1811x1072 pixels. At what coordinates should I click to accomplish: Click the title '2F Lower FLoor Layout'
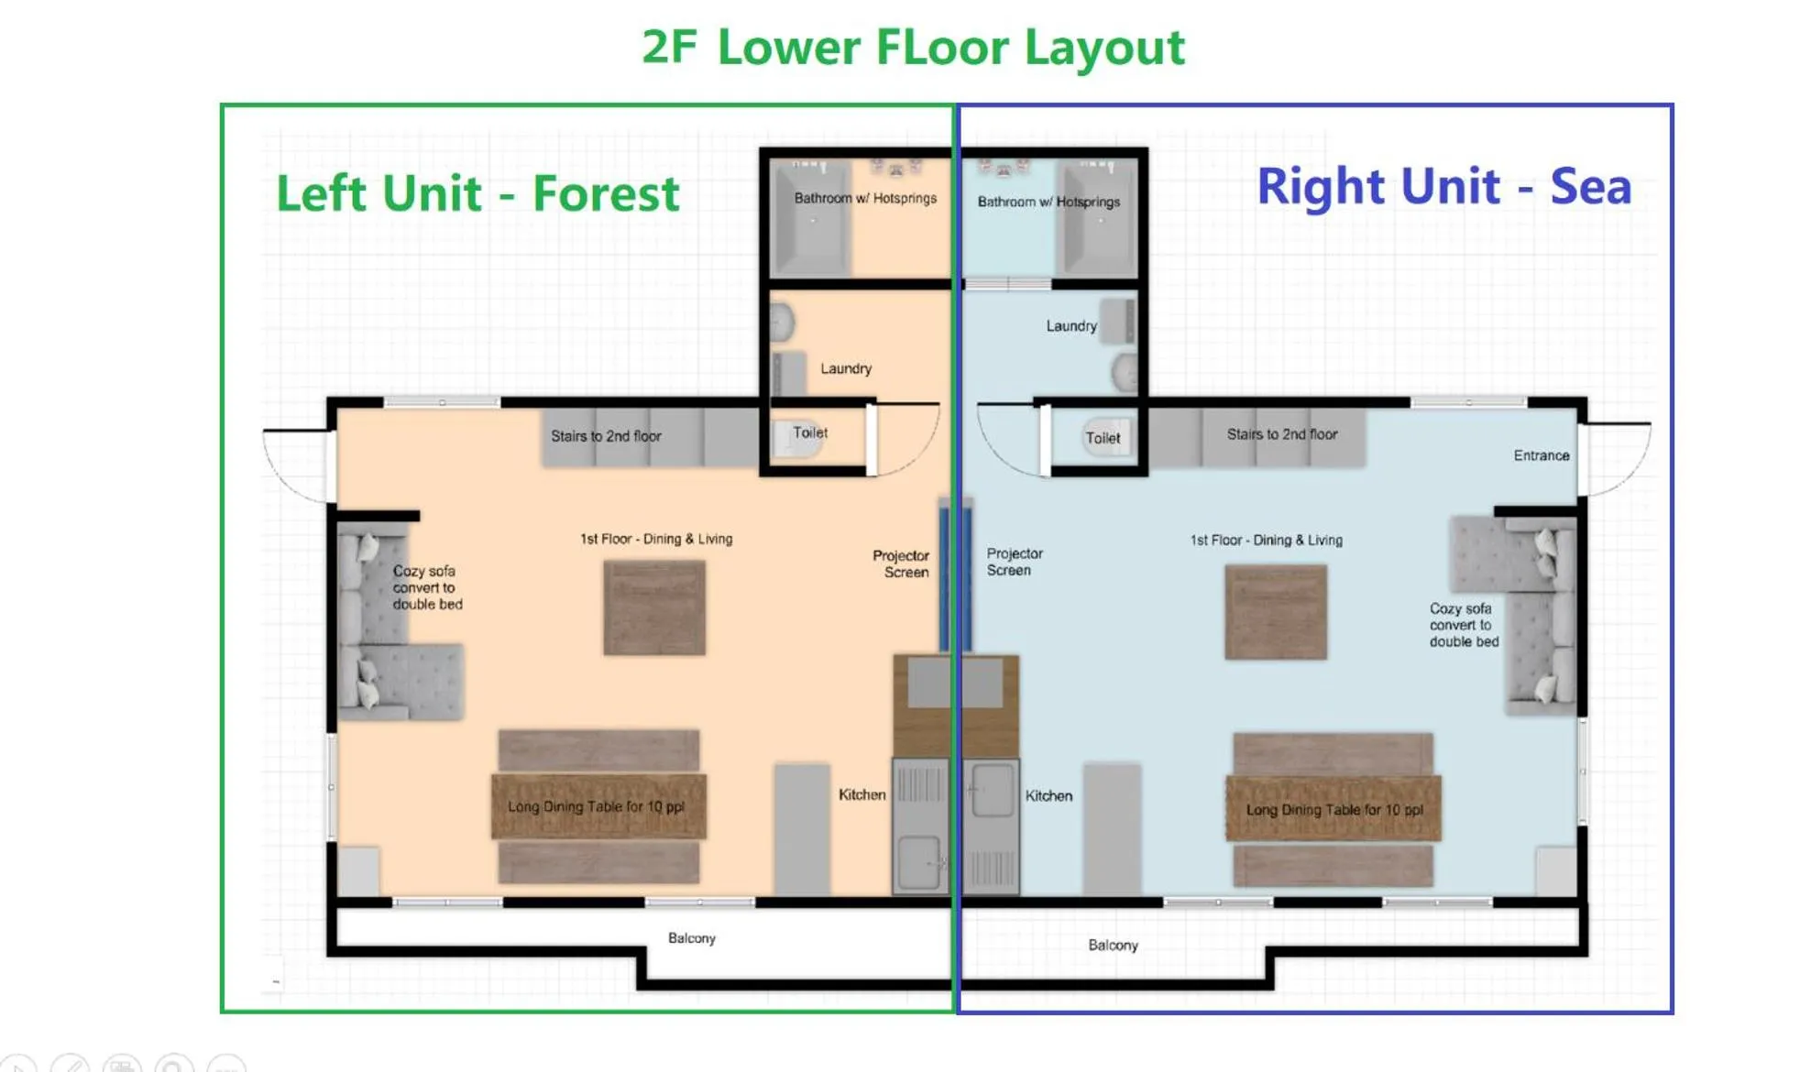913,48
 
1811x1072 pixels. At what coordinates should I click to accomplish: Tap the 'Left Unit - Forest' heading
477,194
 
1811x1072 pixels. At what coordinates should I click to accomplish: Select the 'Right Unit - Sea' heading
1443,187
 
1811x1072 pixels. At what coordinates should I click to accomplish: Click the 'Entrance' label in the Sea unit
1541,455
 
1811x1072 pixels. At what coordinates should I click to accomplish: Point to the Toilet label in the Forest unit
809,432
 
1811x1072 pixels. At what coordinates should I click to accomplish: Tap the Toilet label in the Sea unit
1103,438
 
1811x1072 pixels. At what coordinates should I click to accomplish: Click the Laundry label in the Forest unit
845,368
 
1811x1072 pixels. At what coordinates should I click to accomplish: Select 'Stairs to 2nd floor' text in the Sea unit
1281,434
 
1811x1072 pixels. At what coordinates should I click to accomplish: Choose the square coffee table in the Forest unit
654,607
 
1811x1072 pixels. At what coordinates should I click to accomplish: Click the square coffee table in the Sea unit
1275,612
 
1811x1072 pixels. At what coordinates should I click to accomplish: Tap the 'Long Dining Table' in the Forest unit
598,806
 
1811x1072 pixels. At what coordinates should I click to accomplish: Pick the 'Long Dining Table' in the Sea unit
1334,809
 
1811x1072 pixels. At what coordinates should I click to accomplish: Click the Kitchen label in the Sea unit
1048,795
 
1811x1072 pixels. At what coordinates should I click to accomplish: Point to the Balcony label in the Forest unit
691,938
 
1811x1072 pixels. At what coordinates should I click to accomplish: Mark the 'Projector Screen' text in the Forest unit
901,563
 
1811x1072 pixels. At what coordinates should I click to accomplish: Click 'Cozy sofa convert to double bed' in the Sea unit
1463,625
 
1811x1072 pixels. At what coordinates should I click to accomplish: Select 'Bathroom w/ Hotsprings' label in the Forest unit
864,198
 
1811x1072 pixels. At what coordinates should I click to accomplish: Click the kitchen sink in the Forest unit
919,862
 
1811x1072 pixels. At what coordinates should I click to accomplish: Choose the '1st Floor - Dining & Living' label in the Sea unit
1266,541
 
